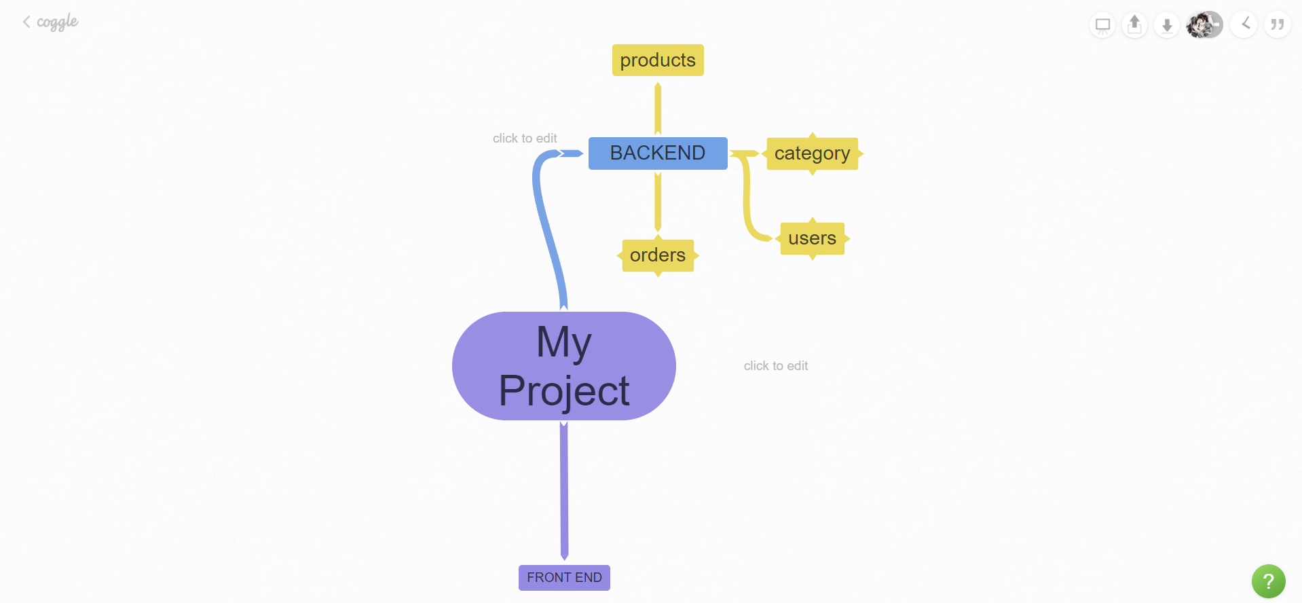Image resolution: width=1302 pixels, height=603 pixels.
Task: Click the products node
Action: pyautogui.click(x=657, y=60)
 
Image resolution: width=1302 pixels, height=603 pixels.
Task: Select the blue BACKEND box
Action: pyautogui.click(x=657, y=153)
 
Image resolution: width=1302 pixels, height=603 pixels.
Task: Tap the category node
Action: pyautogui.click(x=812, y=153)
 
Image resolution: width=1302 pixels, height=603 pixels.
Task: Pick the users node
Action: pyautogui.click(x=812, y=238)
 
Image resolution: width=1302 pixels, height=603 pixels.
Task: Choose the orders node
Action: pyautogui.click(x=657, y=255)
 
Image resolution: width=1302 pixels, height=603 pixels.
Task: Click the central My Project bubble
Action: pyautogui.click(x=563, y=366)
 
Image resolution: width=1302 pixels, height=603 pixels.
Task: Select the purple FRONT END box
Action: pyautogui.click(x=563, y=578)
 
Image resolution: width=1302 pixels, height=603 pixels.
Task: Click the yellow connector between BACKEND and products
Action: pyautogui.click(x=657, y=109)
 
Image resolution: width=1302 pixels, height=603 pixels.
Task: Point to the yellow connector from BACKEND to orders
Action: pyautogui.click(x=657, y=202)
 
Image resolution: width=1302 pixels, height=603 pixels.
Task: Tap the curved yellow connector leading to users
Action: pyautogui.click(x=748, y=204)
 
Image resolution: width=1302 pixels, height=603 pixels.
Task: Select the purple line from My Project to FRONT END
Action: pyautogui.click(x=563, y=489)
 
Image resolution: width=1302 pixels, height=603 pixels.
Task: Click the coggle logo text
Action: pyautogui.click(x=57, y=22)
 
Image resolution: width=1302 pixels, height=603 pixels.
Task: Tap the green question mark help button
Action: pyautogui.click(x=1268, y=581)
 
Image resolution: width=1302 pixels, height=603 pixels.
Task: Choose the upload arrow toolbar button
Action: pyautogui.click(x=1134, y=25)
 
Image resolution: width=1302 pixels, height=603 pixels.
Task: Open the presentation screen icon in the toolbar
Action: pyautogui.click(x=1102, y=26)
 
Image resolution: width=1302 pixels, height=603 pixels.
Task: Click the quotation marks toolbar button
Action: pyautogui.click(x=1277, y=25)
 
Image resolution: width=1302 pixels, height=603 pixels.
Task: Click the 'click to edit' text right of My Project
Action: pyautogui.click(x=775, y=366)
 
